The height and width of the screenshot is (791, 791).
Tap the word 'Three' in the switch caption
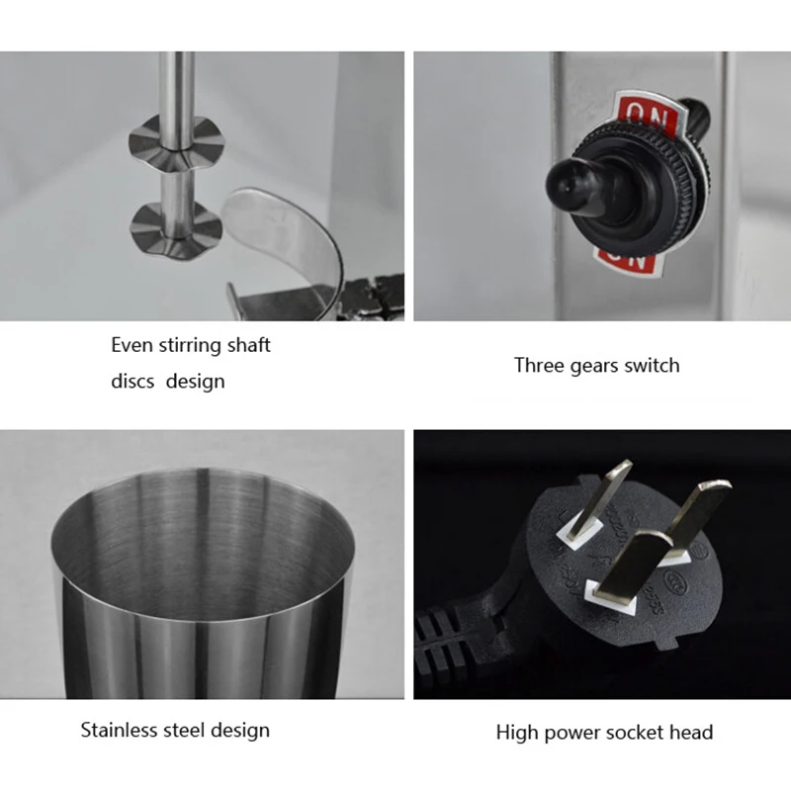point(539,365)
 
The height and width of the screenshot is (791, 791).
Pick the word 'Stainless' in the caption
point(120,731)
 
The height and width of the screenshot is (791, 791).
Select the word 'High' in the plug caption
point(516,733)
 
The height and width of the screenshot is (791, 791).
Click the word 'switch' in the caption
point(653,365)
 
